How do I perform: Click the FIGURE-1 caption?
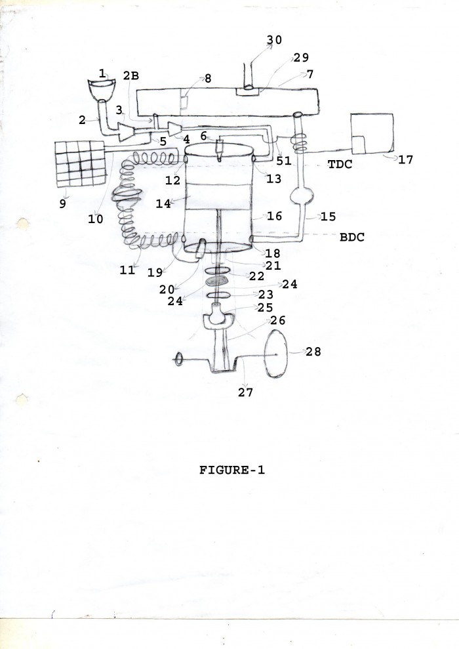click(x=232, y=471)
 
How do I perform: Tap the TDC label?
click(x=340, y=164)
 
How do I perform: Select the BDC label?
click(x=352, y=237)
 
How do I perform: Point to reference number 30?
click(x=274, y=40)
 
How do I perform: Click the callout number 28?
click(x=313, y=352)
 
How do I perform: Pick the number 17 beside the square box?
click(x=405, y=159)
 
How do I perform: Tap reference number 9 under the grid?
click(x=62, y=203)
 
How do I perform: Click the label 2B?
click(x=130, y=75)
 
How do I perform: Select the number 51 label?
click(x=284, y=161)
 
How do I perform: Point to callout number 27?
click(x=245, y=392)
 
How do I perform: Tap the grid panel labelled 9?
click(x=80, y=163)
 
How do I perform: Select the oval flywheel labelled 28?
click(x=276, y=353)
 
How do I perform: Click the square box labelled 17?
click(x=372, y=133)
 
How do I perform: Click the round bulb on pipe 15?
click(x=302, y=195)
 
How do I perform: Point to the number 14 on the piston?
click(x=163, y=203)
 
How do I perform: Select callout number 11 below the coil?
click(x=127, y=270)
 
